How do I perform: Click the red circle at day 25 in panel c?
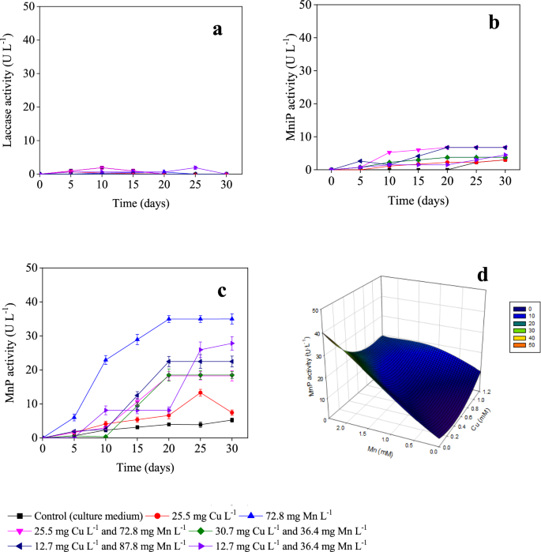(x=201, y=392)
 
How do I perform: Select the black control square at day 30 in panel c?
(x=232, y=420)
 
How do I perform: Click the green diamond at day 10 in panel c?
(x=106, y=436)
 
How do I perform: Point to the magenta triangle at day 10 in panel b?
(x=389, y=152)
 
